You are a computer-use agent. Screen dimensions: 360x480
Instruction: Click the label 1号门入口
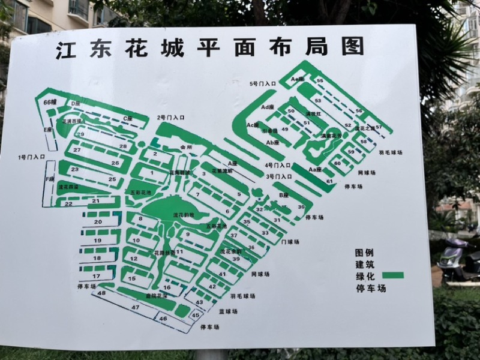[32, 157]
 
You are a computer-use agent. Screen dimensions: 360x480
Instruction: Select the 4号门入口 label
[278, 165]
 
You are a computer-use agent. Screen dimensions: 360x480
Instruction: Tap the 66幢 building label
[50, 103]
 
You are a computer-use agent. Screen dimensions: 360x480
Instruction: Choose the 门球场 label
[290, 242]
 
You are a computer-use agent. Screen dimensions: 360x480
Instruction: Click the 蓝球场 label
[228, 311]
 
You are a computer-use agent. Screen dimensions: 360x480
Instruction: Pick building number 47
[136, 307]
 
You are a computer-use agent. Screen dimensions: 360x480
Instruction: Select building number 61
[329, 181]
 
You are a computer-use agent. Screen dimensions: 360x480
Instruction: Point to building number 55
[320, 80]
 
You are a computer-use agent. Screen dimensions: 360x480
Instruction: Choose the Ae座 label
[298, 79]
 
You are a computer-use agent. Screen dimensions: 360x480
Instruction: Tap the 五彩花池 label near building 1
[140, 192]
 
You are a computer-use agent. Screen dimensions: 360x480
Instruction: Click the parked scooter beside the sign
[459, 258]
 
